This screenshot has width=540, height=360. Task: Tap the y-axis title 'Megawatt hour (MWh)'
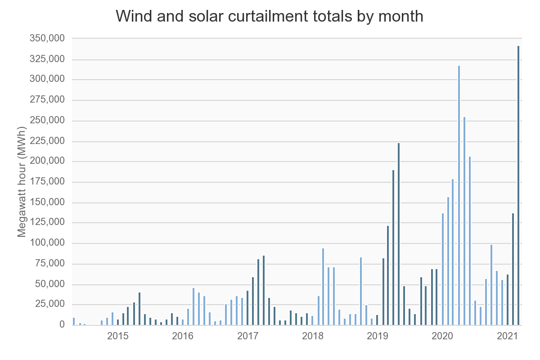[22, 181]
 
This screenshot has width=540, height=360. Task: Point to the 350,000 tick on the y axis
[47, 39]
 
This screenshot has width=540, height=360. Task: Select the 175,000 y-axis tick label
[47, 182]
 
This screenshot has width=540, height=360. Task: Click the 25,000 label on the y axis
[49, 305]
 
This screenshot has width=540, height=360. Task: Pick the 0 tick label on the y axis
[62, 325]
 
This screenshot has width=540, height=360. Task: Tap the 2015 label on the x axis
[118, 337]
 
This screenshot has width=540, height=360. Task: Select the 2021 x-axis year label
[508, 337]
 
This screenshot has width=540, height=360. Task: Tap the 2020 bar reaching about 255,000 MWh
[464, 220]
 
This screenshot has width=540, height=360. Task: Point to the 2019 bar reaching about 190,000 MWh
[393, 247]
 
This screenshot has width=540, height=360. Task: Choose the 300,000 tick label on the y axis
[47, 80]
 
